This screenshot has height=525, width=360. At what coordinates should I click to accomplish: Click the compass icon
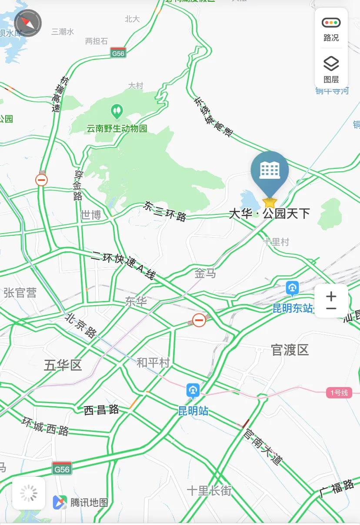[28, 23]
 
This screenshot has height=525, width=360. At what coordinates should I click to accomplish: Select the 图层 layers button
[331, 69]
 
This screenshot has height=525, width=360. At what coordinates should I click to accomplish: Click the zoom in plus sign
[331, 296]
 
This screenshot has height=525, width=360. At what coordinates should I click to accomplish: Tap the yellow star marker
[270, 202]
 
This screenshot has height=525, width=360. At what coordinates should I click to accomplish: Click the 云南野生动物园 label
[117, 128]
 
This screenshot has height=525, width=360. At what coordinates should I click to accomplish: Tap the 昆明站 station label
[193, 411]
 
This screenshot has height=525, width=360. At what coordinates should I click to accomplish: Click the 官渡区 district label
[290, 350]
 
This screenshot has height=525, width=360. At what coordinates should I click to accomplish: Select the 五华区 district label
[63, 365]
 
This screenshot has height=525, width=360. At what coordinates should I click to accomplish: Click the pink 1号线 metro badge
[339, 393]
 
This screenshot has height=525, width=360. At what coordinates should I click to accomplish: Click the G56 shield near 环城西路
[62, 469]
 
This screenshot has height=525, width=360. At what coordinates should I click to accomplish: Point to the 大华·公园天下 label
[270, 214]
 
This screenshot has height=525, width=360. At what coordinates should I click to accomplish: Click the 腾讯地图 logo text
[89, 502]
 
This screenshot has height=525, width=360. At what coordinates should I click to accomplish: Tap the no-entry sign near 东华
[199, 321]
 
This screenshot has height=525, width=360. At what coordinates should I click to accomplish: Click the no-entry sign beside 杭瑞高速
[42, 180]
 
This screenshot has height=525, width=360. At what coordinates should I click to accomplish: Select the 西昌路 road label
[101, 410]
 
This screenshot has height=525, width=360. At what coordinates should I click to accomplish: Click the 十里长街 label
[209, 491]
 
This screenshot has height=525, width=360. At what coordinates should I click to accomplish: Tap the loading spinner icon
[29, 493]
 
